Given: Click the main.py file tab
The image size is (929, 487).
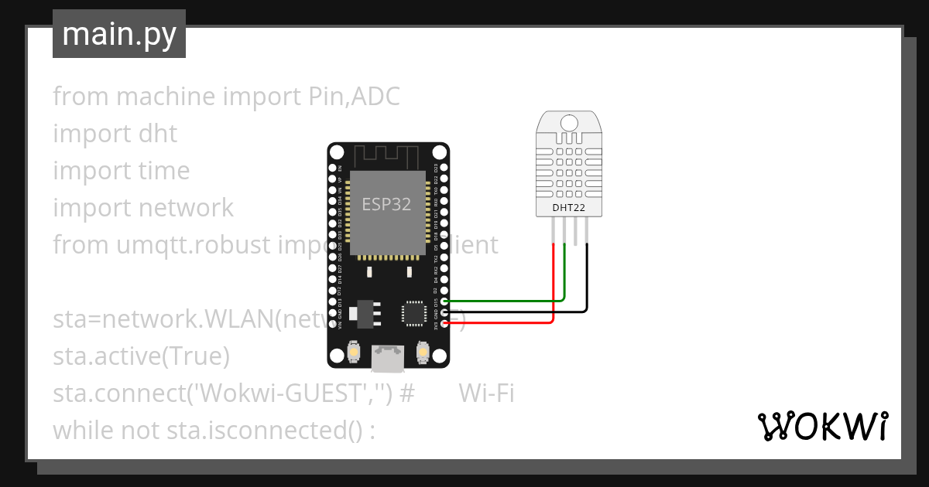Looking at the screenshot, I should coord(119,34).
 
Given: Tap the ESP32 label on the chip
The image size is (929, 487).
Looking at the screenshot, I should coord(386,204).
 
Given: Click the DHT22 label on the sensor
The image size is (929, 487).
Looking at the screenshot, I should coord(569,207).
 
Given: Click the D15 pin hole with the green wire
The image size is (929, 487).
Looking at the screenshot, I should coord(444,301).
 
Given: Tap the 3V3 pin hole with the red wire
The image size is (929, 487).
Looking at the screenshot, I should coord(444,323).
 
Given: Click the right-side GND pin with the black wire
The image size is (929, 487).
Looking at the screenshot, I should coord(444,312).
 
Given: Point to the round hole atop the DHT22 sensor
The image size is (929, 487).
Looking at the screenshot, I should coord(569,122).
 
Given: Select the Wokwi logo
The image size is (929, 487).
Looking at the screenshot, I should coord(822,426).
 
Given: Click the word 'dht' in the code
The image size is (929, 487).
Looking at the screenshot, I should coord(158,134).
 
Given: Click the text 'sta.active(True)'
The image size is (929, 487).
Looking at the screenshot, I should coord(142,356).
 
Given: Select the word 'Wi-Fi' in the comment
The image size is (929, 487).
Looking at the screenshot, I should coord(486,393).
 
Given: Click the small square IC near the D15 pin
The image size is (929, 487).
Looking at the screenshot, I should coord(412,312).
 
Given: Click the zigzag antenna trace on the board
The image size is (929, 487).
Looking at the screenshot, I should coord(387,155).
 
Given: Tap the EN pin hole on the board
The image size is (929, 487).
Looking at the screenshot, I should coord(332,167).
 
